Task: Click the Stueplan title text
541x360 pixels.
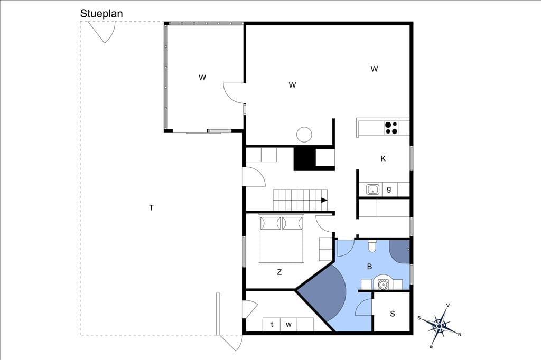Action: pyautogui.click(x=101, y=13)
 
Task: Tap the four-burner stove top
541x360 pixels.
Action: pyautogui.click(x=391, y=128)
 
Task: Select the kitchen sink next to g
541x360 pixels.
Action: pyautogui.click(x=372, y=190)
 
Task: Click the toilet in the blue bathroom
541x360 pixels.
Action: pyautogui.click(x=372, y=245)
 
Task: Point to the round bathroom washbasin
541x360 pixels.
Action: pyautogui.click(x=383, y=284)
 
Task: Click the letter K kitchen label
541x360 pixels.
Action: pyautogui.click(x=383, y=158)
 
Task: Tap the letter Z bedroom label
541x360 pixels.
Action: pyautogui.click(x=279, y=272)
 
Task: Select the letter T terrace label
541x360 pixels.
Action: pyautogui.click(x=151, y=207)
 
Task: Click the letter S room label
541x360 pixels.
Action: pyautogui.click(x=393, y=314)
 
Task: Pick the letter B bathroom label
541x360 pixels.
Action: pyautogui.click(x=369, y=267)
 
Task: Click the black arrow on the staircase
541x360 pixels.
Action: pyautogui.click(x=324, y=200)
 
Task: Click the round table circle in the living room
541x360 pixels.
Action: pyautogui.click(x=304, y=135)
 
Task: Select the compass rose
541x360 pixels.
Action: pyautogui.click(x=440, y=326)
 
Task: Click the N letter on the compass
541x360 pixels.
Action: pyautogui.click(x=459, y=334)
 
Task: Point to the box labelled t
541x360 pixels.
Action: pyautogui.click(x=272, y=325)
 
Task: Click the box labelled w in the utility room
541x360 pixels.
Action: pyautogui.click(x=289, y=325)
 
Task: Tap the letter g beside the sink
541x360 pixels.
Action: pyautogui.click(x=389, y=189)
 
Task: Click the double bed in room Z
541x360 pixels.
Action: pyautogui.click(x=282, y=239)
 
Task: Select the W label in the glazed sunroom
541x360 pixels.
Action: pyautogui.click(x=202, y=78)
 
